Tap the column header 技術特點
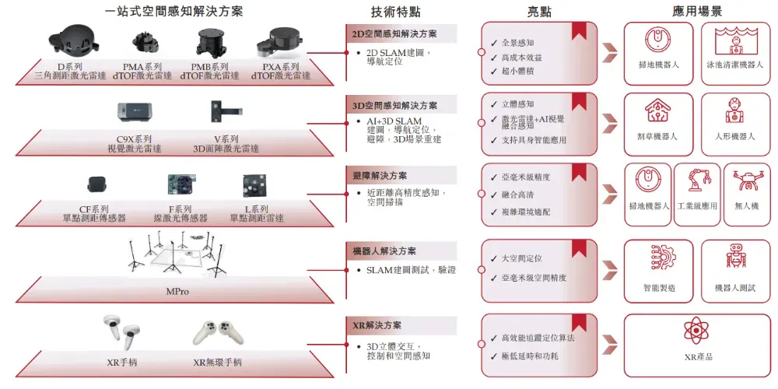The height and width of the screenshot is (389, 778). pos(398,12)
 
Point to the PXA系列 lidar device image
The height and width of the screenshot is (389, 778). pos(281,44)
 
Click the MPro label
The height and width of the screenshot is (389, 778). pos(177,292)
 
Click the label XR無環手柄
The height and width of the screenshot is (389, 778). pos(217,363)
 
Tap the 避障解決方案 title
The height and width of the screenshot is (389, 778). pos(381,177)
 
